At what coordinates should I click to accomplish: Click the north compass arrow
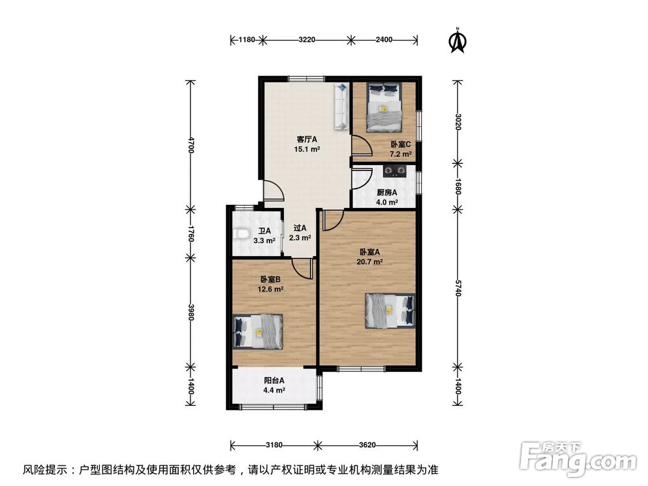[x=457, y=41]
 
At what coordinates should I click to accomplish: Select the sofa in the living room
[x=341, y=107]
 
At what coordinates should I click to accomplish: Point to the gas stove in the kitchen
[x=394, y=171]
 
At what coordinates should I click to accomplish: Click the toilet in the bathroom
[x=241, y=235]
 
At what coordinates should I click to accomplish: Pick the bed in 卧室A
[x=390, y=311]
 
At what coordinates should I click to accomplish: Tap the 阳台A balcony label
[x=274, y=380]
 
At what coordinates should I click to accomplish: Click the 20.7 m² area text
[x=370, y=262]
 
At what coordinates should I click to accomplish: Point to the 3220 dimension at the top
[x=307, y=40]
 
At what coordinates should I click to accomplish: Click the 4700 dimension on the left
[x=191, y=145]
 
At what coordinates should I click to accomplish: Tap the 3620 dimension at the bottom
[x=367, y=445]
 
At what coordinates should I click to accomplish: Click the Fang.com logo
[x=579, y=459]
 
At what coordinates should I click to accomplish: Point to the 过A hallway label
[x=300, y=227]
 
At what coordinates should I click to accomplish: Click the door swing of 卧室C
[x=361, y=145]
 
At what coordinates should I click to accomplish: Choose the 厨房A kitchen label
[x=387, y=192]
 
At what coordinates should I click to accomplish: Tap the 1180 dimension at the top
[x=247, y=40]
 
